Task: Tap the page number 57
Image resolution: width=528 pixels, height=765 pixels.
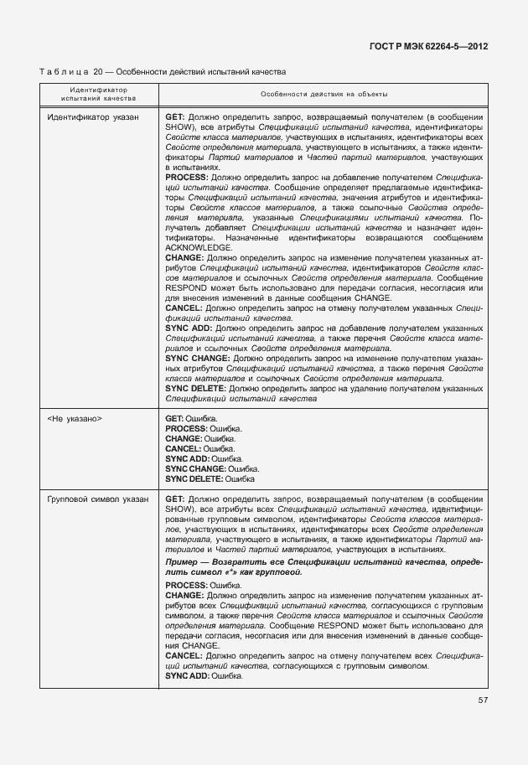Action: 483,700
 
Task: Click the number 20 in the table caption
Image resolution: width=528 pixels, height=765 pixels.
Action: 97,73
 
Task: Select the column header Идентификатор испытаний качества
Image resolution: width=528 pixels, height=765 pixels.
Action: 98,94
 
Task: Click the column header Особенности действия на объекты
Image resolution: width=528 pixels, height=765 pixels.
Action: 324,94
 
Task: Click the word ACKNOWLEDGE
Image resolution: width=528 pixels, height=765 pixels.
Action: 198,248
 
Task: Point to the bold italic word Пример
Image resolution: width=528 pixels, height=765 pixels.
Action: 184,561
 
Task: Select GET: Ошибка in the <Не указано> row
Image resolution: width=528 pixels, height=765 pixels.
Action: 192,418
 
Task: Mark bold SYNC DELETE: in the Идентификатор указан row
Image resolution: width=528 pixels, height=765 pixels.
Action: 195,389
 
